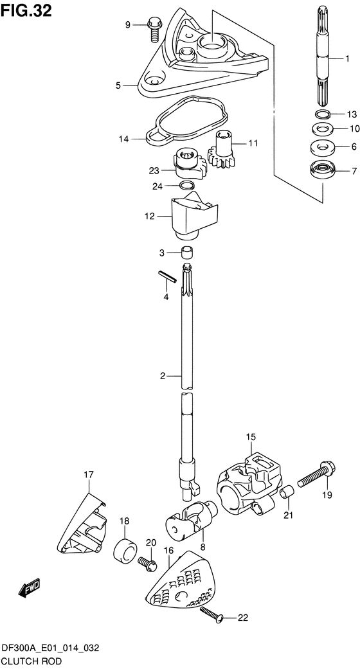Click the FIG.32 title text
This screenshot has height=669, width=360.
[x=26, y=10]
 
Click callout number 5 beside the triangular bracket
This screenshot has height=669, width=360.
[x=118, y=85]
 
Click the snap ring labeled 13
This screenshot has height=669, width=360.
[x=323, y=114]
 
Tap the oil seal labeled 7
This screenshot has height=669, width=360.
[x=323, y=171]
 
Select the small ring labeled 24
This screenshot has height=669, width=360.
[x=186, y=185]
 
